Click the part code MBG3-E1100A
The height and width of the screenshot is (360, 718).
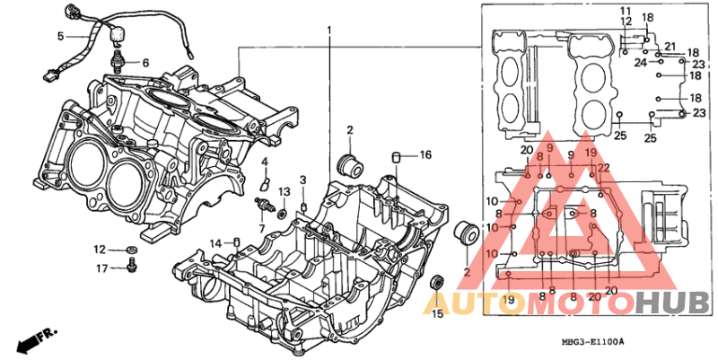click(593, 342)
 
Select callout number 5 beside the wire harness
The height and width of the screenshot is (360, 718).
click(61, 36)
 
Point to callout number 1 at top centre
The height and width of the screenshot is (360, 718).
click(328, 31)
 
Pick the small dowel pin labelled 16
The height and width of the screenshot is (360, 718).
click(396, 158)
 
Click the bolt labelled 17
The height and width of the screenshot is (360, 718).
click(132, 265)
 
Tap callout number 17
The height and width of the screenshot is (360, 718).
click(102, 268)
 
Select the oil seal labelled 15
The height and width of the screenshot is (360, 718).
click(437, 281)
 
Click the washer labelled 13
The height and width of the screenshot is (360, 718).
click(283, 212)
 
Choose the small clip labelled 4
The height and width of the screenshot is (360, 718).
click(265, 183)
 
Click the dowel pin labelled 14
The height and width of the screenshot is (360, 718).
click(237, 241)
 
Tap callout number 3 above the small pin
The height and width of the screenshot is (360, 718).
click(303, 180)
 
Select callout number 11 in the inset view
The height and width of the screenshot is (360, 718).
click(626, 11)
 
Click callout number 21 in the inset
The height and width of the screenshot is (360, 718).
click(670, 47)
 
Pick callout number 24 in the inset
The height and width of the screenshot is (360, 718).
click(641, 62)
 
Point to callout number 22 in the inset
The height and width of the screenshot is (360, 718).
click(604, 168)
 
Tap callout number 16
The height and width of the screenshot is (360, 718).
click(425, 154)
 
